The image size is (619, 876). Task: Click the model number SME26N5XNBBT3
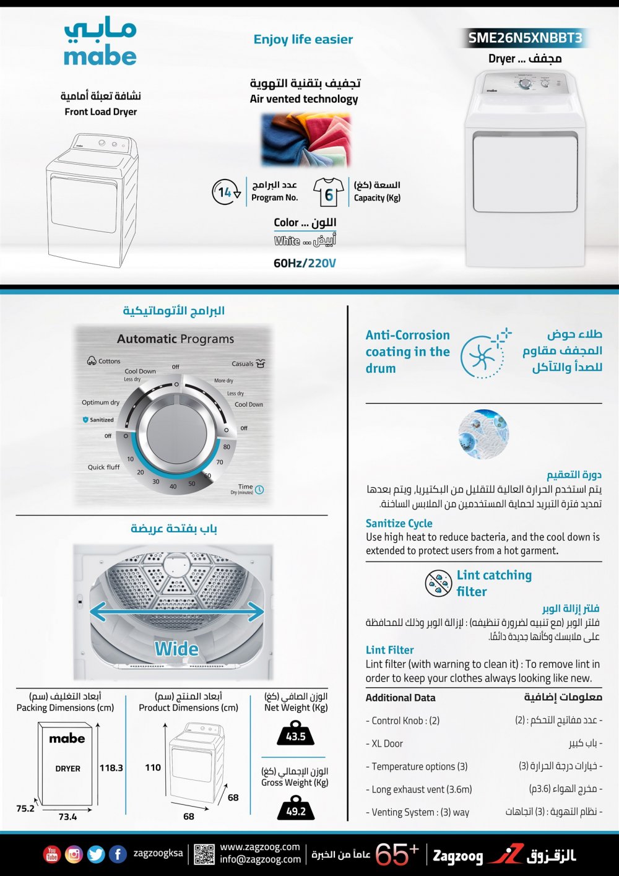click(x=525, y=38)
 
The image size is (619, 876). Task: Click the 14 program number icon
click(x=226, y=192)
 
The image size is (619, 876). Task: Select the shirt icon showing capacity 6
click(x=329, y=193)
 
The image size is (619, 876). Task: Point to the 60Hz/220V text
click(x=305, y=263)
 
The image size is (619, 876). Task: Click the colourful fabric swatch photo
click(x=306, y=139)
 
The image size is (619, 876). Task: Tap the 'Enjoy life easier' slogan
click(x=303, y=40)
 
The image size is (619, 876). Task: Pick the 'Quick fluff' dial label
click(x=103, y=467)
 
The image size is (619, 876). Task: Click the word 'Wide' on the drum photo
click(x=176, y=649)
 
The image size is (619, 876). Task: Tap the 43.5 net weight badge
click(x=296, y=736)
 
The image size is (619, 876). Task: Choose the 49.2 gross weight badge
click(x=296, y=811)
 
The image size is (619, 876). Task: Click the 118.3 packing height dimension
click(x=111, y=768)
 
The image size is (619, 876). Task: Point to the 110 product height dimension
click(x=153, y=768)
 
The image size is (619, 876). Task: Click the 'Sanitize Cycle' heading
click(x=399, y=523)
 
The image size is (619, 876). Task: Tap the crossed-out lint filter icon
click(x=438, y=583)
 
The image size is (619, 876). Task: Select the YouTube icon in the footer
click(x=52, y=854)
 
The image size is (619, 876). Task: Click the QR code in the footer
click(x=204, y=854)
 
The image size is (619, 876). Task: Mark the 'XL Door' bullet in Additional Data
click(x=387, y=744)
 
